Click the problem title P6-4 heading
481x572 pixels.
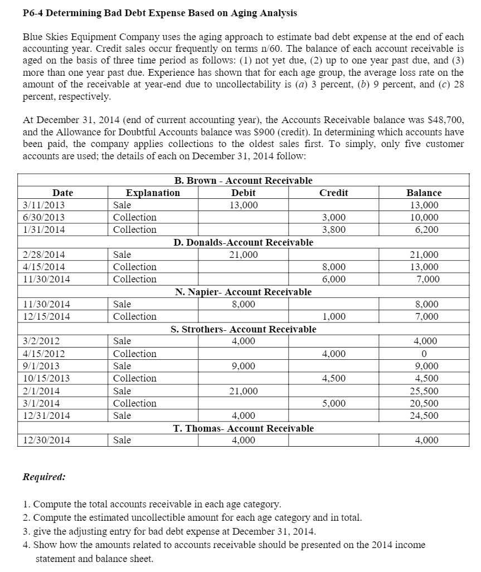click(x=159, y=13)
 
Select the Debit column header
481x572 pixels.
click(x=243, y=193)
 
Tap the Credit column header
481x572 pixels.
click(x=334, y=193)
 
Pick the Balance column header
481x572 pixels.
click(x=424, y=193)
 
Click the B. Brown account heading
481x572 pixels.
click(x=243, y=180)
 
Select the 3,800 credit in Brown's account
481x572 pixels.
click(x=334, y=229)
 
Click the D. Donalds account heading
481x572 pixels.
click(x=243, y=242)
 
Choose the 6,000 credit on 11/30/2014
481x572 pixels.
click(x=334, y=279)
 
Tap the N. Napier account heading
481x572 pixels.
click(x=243, y=292)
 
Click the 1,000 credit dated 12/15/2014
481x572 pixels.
click(x=334, y=316)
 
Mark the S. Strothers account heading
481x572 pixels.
click(x=243, y=329)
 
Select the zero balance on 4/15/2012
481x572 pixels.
click(x=424, y=354)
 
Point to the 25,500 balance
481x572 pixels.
click(x=424, y=391)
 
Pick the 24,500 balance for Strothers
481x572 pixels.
click(x=424, y=415)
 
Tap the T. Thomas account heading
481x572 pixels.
click(x=243, y=428)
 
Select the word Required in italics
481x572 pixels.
click(x=44, y=477)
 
